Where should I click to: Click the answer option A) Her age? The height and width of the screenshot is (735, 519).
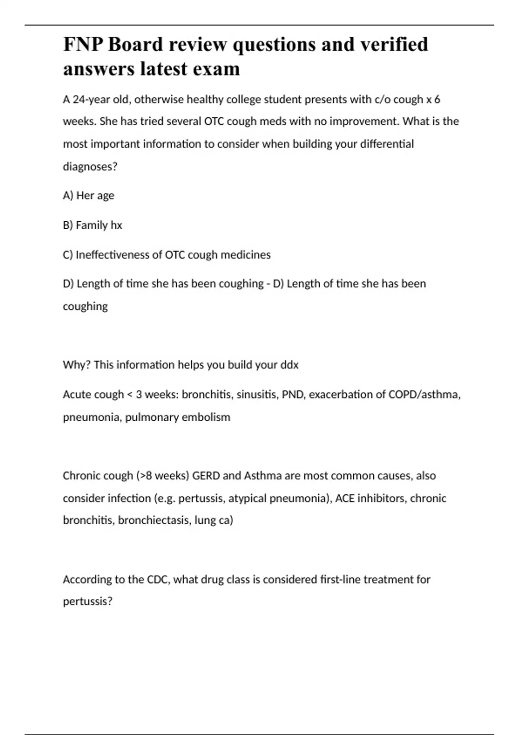coord(89,195)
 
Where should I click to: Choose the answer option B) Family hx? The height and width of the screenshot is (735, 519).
coord(93,225)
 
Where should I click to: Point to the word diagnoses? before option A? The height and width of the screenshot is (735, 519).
coord(90,166)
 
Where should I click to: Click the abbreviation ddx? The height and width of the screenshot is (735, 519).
coord(289,365)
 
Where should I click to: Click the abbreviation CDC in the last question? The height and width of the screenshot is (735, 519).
coord(159,579)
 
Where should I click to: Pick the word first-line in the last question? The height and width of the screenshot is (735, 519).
coord(340,579)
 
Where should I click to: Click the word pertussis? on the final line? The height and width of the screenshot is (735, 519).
coord(87,601)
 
